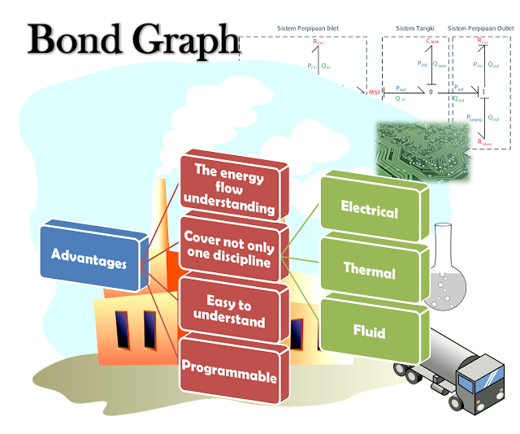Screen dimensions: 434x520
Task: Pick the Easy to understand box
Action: click(x=228, y=312)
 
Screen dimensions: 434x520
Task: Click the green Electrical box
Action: click(x=370, y=212)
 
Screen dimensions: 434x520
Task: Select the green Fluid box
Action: click(x=369, y=332)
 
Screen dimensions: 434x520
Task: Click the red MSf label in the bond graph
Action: click(x=375, y=92)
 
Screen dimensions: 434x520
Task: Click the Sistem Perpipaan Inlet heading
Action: click(x=309, y=28)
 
